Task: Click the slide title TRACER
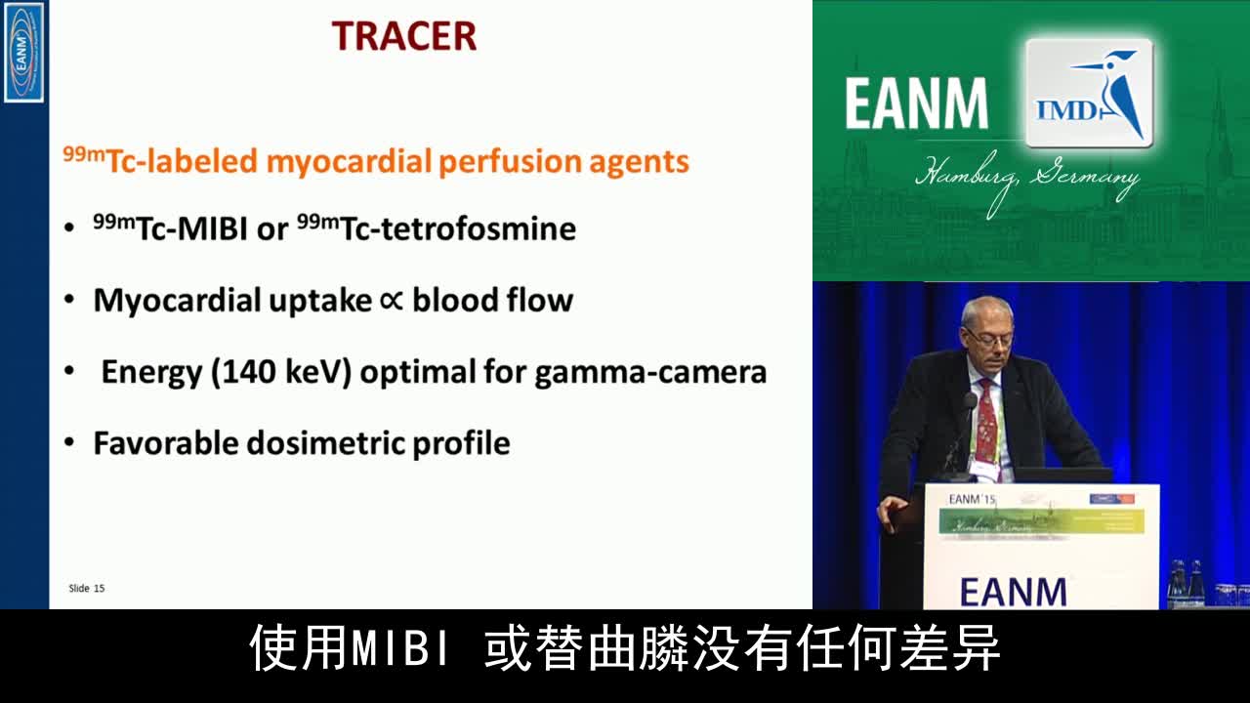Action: (403, 36)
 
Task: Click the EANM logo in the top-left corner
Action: (23, 52)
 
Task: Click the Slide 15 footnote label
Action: (86, 588)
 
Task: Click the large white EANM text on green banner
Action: (916, 104)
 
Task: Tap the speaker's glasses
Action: (988, 337)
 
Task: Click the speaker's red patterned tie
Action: (986, 420)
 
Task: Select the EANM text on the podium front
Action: (1013, 592)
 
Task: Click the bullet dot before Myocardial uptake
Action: (68, 301)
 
